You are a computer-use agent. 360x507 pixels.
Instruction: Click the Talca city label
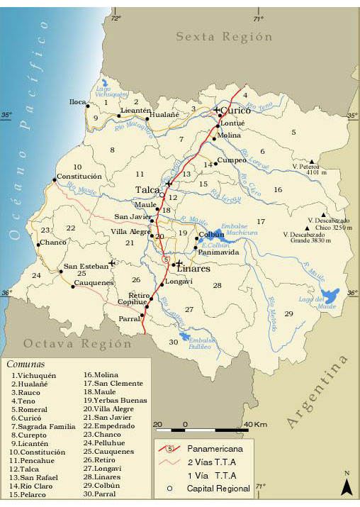click(147, 190)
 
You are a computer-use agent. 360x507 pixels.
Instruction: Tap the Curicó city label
click(235, 111)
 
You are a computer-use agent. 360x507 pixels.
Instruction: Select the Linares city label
click(193, 269)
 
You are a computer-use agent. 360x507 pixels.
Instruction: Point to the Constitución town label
click(80, 176)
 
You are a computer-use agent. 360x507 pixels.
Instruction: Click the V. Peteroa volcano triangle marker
click(312, 162)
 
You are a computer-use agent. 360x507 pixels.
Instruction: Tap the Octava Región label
click(78, 344)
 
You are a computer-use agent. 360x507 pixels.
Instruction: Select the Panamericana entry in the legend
click(210, 449)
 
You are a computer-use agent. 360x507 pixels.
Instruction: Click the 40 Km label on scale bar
click(256, 424)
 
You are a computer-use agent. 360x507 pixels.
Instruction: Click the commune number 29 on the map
click(288, 313)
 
